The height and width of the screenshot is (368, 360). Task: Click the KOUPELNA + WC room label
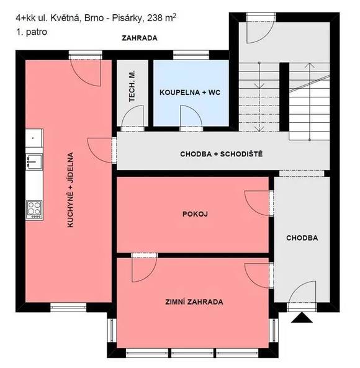point(190,92)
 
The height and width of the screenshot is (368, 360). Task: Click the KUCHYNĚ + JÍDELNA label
point(71,190)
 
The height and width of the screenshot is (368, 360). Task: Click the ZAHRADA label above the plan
point(139,38)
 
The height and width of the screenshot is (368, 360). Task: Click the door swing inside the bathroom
point(189,115)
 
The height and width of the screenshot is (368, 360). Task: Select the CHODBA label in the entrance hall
point(302,238)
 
